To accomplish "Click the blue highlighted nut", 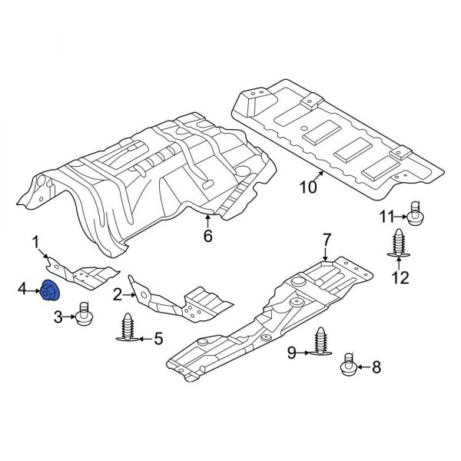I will click(51, 291).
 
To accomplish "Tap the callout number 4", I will click(23, 289).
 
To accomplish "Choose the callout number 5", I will click(158, 337).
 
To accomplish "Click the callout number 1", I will click(35, 244).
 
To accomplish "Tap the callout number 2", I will click(118, 294).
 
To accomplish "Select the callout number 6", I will click(207, 236).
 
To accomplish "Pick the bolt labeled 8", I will click(347, 366).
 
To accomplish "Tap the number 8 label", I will click(376, 367).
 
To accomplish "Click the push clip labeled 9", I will click(321, 343).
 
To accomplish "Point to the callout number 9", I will click(292, 353).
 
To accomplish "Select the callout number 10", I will click(307, 187).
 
